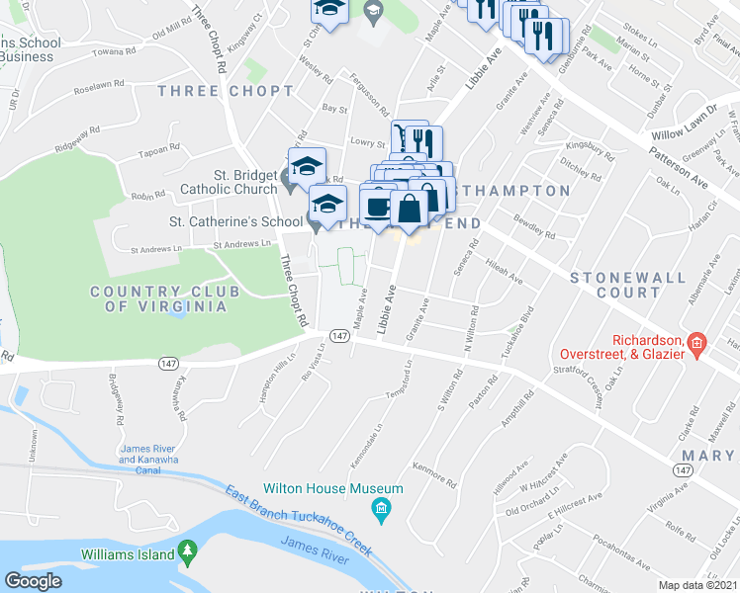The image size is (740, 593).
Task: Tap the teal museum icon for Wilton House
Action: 379,510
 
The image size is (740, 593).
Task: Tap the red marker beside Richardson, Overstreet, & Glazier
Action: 696,344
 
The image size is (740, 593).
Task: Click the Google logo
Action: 34,581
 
